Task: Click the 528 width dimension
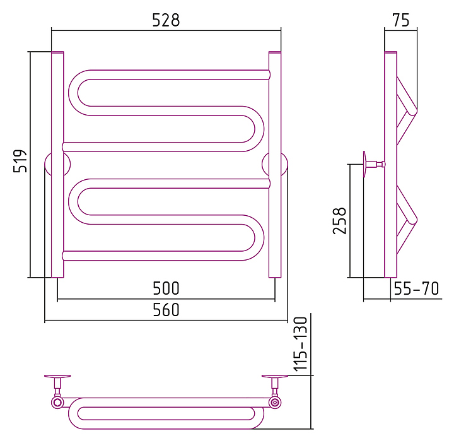(x=166, y=20)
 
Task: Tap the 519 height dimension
(x=20, y=161)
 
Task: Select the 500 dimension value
(x=166, y=288)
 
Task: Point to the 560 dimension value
(x=166, y=309)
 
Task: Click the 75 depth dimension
(x=401, y=20)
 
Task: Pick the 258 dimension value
(x=339, y=221)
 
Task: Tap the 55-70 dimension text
(x=416, y=288)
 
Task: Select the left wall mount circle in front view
(x=57, y=164)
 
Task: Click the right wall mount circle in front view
(x=275, y=164)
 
